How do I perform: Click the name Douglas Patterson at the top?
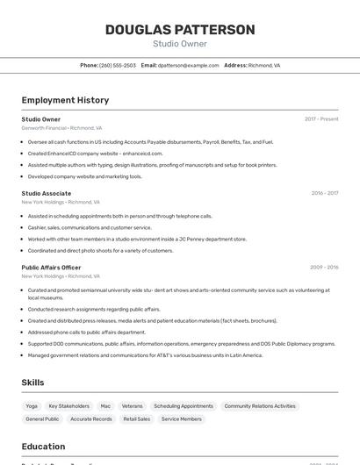tap(180, 30)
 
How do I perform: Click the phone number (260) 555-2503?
tap(118, 65)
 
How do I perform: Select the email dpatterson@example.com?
tap(188, 65)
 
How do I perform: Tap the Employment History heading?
tap(65, 100)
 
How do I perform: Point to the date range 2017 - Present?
tap(321, 119)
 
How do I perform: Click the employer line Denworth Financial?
tap(61, 128)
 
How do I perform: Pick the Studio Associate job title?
tap(47, 193)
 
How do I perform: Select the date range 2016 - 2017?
tap(324, 193)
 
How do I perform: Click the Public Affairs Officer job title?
tap(51, 268)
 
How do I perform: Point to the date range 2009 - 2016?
tap(324, 268)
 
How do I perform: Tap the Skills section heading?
tap(32, 383)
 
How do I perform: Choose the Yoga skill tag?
tap(32, 406)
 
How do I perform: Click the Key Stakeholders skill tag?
tap(68, 406)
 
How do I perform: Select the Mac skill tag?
tap(105, 406)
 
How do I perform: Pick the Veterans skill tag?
tap(132, 406)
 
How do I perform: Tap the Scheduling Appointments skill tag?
tap(183, 406)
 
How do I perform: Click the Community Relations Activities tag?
tap(260, 406)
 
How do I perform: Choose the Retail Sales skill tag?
tap(135, 419)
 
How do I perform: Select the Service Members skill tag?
tap(181, 419)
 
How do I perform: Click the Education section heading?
tap(43, 447)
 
